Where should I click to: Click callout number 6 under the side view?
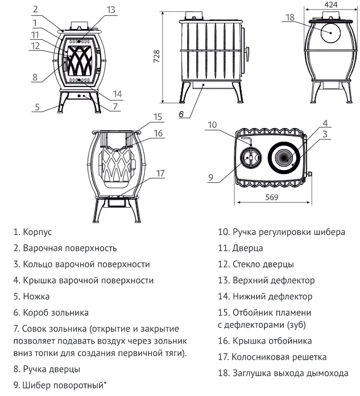[180, 114]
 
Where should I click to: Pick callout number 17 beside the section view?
[161, 174]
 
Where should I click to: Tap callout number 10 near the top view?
[213, 125]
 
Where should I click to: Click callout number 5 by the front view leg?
[37, 106]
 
